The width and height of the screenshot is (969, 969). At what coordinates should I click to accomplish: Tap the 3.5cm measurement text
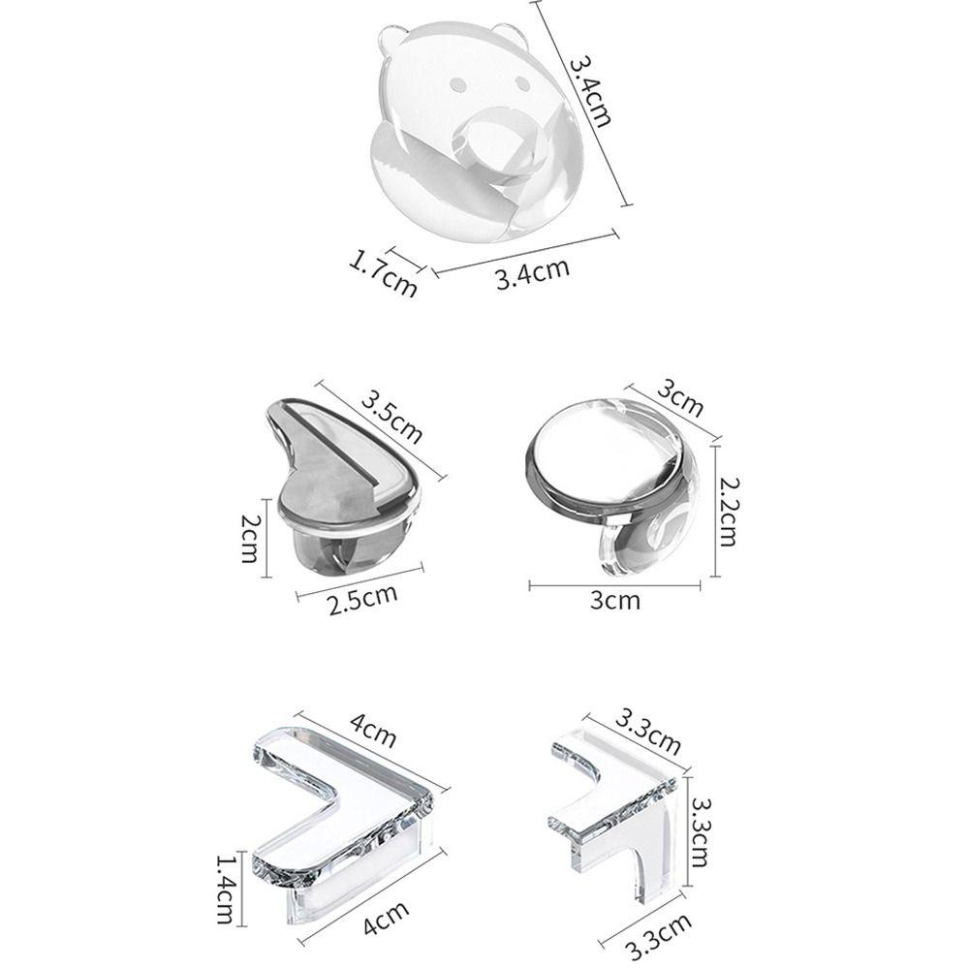coord(391,416)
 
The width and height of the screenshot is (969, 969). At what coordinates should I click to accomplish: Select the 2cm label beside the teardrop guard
coord(251,539)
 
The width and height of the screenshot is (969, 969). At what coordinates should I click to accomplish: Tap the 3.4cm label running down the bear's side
coord(590,92)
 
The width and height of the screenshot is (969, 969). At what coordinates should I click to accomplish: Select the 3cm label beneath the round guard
coord(615,601)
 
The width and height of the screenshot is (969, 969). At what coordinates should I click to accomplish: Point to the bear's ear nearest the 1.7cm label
coord(388,40)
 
